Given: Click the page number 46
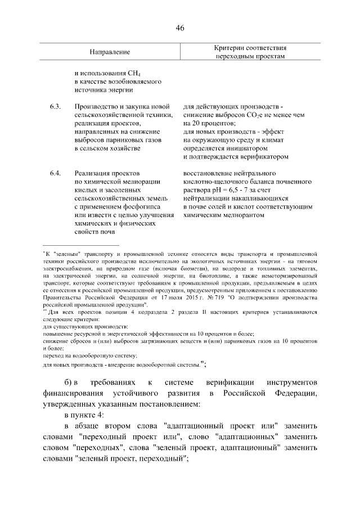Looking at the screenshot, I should pos(180,29).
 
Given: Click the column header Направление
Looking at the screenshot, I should pos(110,52).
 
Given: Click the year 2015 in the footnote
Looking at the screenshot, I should pos(170,296).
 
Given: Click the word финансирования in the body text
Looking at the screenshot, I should pos(81,391).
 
